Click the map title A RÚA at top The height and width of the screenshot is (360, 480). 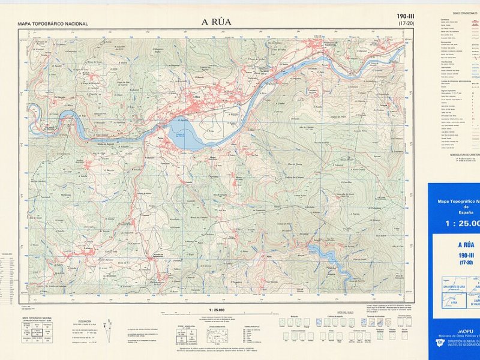[x=216, y=22]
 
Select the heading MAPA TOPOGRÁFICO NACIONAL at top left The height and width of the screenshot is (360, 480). [x=53, y=24]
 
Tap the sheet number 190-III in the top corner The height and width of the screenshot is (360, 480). [x=405, y=16]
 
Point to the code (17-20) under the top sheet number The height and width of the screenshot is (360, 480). [x=405, y=23]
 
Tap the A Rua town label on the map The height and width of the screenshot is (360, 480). [x=196, y=96]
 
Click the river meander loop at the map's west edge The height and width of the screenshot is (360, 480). [x=34, y=111]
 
